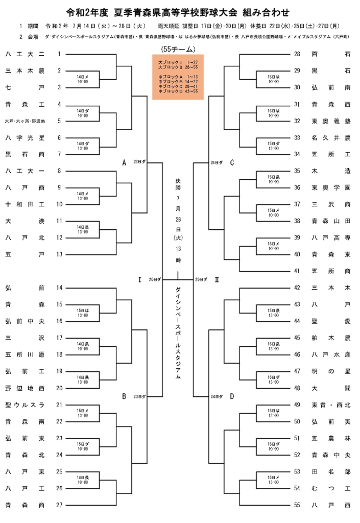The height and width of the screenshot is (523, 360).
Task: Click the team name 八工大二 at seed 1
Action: coord(25,54)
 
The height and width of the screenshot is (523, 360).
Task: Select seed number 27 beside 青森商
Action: coord(59,505)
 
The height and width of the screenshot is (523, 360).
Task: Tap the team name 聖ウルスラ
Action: coord(25,405)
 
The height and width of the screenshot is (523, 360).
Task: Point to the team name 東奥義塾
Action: coord(331,121)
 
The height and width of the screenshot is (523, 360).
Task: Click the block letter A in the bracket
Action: coord(124,162)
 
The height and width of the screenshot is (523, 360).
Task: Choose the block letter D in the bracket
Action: coord(232,396)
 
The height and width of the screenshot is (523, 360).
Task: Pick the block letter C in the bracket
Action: coord(232,163)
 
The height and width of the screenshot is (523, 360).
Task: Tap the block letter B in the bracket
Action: coord(124,396)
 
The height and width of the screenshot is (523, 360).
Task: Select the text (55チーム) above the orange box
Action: coord(178,49)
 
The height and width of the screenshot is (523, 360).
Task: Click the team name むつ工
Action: coord(331,488)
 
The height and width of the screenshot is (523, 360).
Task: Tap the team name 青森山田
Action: coord(331,221)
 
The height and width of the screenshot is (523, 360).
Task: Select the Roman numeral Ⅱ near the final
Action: coord(217,279)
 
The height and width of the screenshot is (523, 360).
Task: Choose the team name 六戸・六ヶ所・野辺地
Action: coord(25,121)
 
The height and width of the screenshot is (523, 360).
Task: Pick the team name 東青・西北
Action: coord(331,405)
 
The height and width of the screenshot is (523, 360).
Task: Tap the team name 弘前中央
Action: coord(25,321)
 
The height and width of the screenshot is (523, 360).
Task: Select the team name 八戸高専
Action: coord(331,237)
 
